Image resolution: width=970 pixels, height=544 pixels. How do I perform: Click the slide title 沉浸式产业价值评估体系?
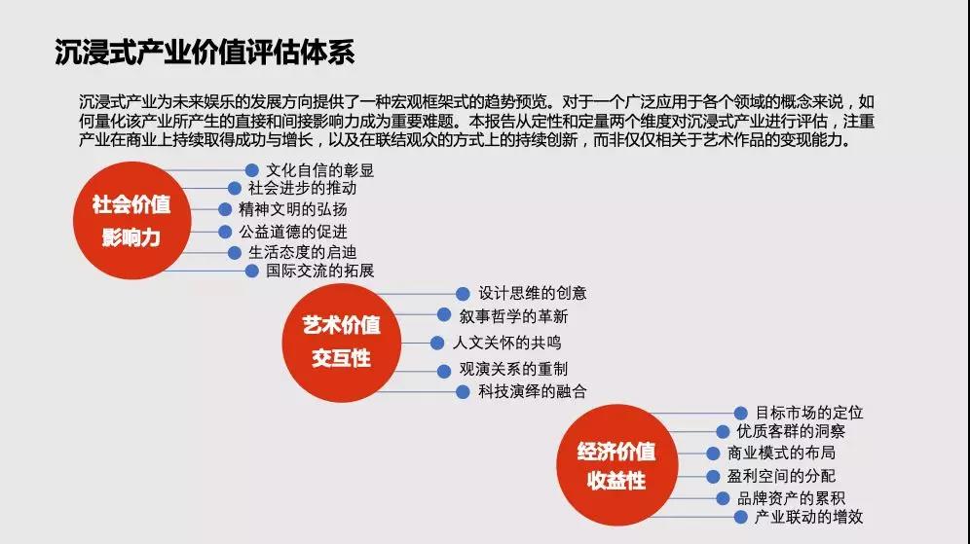(205, 52)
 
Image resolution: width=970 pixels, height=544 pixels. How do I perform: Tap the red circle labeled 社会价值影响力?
(131, 221)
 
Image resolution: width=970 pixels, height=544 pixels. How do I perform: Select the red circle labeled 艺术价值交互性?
(342, 344)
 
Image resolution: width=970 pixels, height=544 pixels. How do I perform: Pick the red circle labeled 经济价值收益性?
(616, 465)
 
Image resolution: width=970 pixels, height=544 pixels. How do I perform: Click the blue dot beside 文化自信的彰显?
(252, 170)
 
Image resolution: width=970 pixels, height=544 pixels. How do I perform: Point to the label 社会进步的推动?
(303, 188)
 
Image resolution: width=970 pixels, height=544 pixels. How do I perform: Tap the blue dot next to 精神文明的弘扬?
(225, 209)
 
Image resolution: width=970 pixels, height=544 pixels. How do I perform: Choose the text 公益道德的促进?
(293, 232)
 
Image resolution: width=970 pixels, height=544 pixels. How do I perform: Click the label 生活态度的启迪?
(303, 252)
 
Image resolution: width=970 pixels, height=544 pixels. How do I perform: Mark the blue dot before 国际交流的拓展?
(252, 271)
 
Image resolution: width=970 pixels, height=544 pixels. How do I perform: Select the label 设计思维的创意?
(532, 293)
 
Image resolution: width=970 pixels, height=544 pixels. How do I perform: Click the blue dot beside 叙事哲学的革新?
(444, 314)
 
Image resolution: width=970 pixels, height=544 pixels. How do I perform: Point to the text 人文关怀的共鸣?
(507, 343)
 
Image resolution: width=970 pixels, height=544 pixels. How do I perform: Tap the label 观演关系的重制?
(513, 369)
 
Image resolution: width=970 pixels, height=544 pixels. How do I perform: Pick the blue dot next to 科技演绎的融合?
(463, 392)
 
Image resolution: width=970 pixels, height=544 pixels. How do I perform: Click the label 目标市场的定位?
(809, 413)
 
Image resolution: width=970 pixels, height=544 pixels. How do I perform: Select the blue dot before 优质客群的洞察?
(723, 431)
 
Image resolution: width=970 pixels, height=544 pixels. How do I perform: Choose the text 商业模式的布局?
(781, 453)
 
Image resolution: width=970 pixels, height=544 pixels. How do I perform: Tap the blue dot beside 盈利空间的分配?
(713, 477)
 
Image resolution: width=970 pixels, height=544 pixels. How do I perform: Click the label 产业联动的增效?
(808, 517)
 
